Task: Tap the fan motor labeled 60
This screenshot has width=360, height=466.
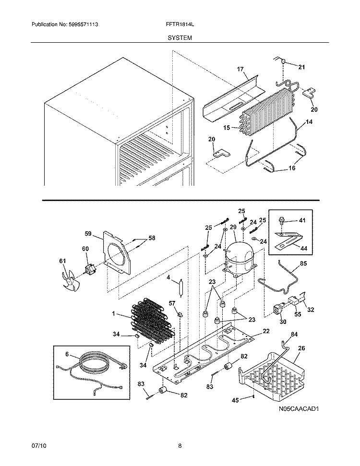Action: point(90,271)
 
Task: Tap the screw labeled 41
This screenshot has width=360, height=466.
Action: point(283,221)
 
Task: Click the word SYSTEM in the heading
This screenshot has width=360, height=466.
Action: point(180,37)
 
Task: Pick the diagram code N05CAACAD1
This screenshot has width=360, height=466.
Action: point(298,409)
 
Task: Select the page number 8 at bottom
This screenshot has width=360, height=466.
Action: point(180,446)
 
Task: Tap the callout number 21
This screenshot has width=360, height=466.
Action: point(301,67)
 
